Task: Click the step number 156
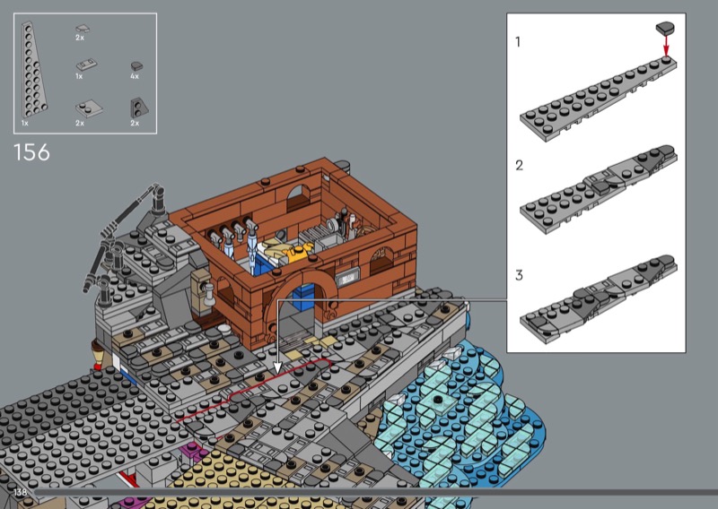(x=31, y=152)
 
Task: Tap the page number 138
(x=21, y=492)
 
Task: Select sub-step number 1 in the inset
(x=518, y=42)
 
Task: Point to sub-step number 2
(x=519, y=165)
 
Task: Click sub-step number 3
(x=519, y=275)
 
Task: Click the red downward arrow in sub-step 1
(x=666, y=45)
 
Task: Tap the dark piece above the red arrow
(x=665, y=28)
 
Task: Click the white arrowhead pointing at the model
(x=277, y=367)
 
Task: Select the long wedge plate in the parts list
(x=33, y=70)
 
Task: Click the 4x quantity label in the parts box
(x=134, y=76)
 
